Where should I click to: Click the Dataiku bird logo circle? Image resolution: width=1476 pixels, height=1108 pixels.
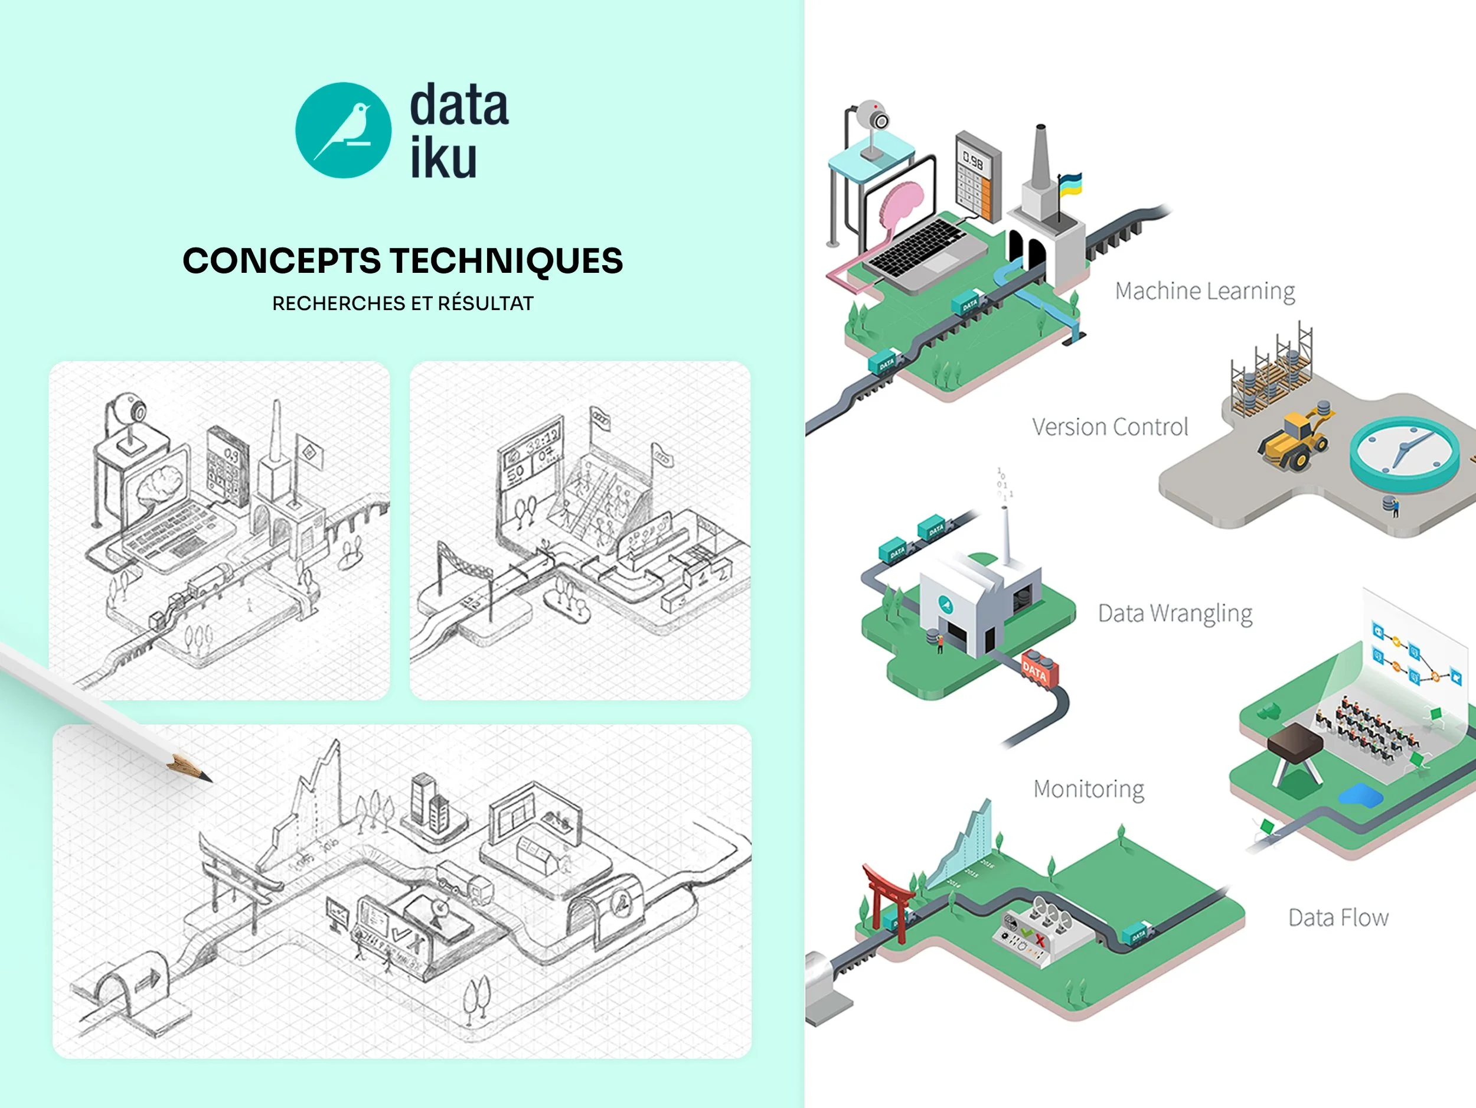tap(343, 130)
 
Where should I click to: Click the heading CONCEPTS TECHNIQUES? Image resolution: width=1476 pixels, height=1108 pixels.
tap(403, 260)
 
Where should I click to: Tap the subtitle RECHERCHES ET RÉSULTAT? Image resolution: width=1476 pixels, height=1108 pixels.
tap(403, 304)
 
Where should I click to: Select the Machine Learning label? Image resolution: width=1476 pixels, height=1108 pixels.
tap(1204, 291)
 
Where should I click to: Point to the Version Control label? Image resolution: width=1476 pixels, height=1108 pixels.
tap(1110, 427)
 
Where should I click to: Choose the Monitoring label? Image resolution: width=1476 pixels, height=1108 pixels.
tap(1088, 789)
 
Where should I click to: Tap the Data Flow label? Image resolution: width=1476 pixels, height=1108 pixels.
tap(1338, 918)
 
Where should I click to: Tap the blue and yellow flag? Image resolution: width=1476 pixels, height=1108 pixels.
tap(1070, 184)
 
